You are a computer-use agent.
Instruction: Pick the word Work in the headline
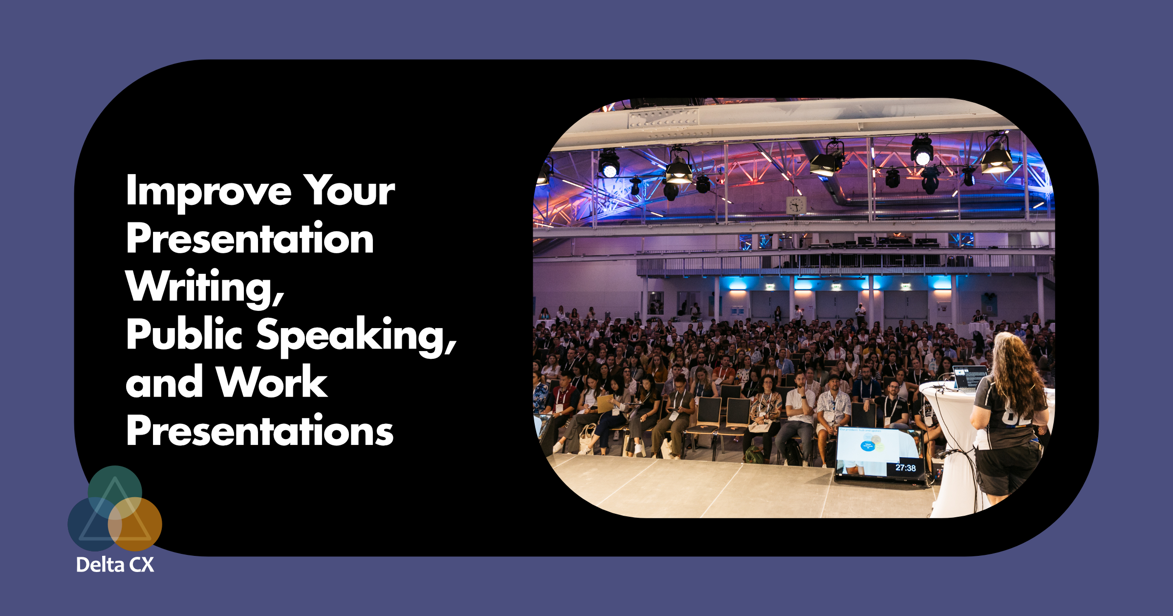[272, 382]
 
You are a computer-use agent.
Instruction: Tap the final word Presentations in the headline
[260, 430]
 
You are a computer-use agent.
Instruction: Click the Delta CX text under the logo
[115, 565]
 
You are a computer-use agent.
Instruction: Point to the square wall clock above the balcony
[796, 205]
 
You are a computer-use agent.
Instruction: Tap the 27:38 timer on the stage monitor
[905, 468]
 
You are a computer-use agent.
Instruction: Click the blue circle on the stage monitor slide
[868, 446]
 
